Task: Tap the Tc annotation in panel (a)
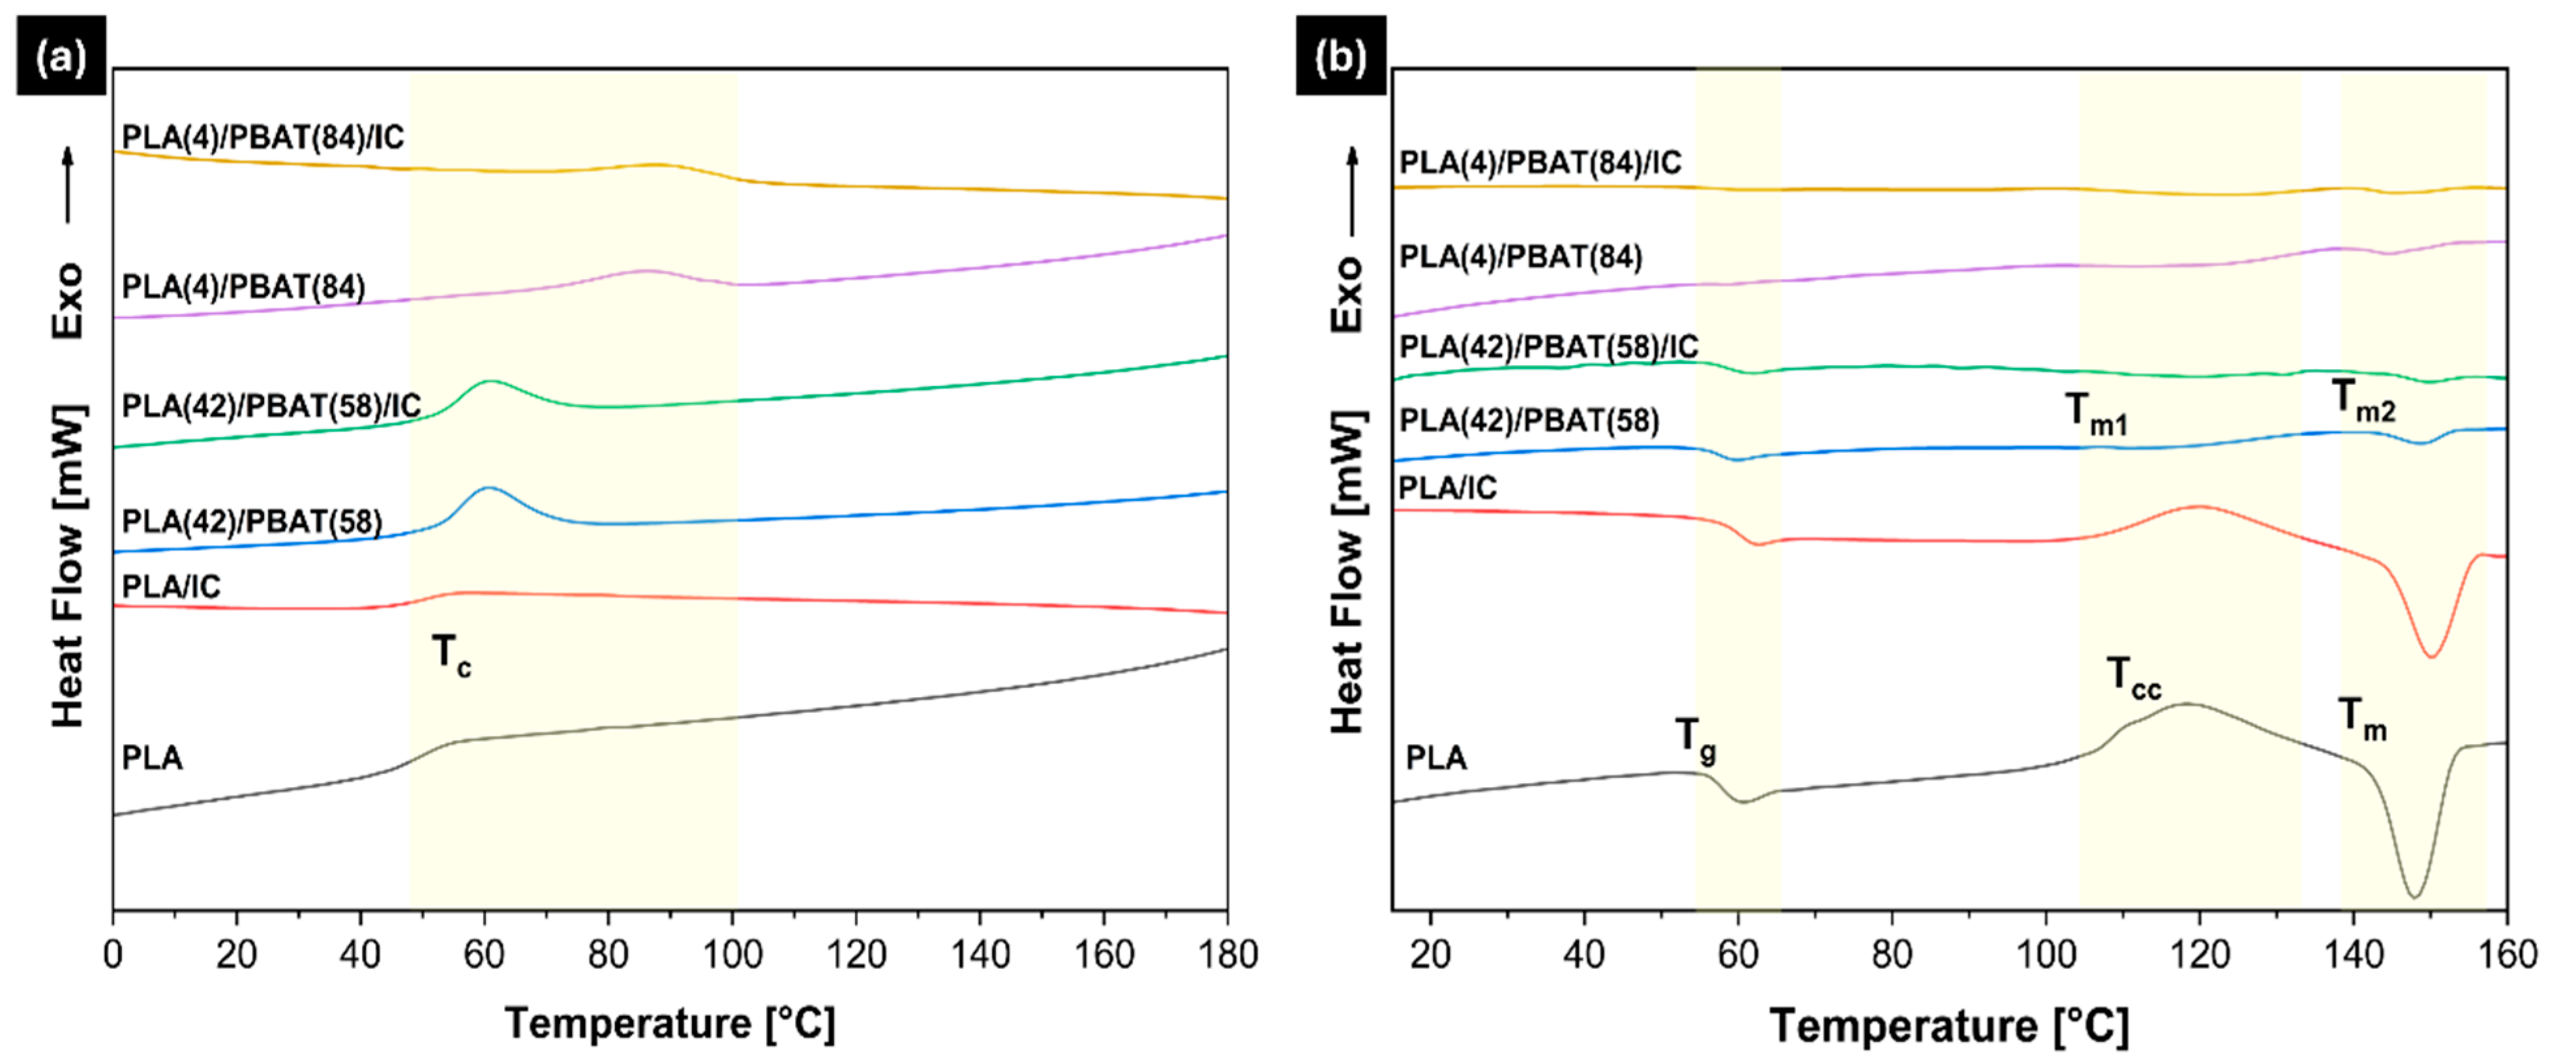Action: tap(451, 655)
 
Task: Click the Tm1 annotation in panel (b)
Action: tap(2095, 413)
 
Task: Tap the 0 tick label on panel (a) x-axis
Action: tap(113, 955)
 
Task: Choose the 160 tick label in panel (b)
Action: tap(2504, 955)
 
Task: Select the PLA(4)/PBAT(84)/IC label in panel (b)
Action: tap(1539, 162)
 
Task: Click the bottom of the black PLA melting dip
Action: tap(2414, 897)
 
